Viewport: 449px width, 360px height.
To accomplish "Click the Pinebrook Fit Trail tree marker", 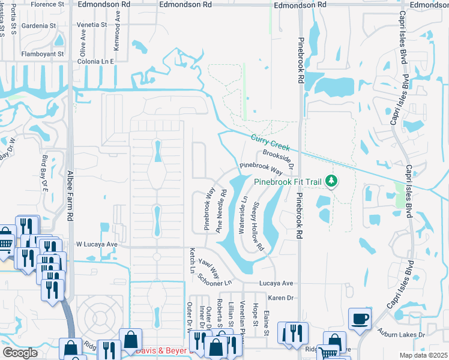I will [x=330, y=181].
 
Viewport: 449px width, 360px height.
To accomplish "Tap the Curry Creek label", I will [x=270, y=143].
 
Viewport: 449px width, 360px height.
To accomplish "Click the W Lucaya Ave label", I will [x=97, y=245].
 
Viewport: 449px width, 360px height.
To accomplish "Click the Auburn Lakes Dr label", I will [x=402, y=333].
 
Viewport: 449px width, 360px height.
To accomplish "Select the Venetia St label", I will [x=92, y=26].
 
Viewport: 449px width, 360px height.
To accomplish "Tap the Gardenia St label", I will [x=37, y=26].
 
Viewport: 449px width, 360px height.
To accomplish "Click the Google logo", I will [x=20, y=353].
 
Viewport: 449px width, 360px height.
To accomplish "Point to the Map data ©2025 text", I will [x=423, y=355].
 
